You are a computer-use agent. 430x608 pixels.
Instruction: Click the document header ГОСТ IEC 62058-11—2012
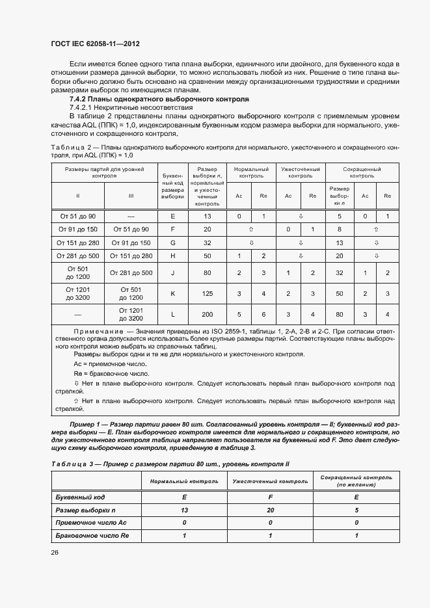96,44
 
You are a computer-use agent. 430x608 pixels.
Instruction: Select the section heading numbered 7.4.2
159,99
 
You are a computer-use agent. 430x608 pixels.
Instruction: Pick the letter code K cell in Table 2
172,294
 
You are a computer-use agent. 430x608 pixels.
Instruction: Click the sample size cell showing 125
208,294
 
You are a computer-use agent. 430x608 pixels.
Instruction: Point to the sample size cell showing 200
208,315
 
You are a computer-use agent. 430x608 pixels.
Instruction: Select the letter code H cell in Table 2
172,256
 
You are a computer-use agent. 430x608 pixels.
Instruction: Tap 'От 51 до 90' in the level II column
77,216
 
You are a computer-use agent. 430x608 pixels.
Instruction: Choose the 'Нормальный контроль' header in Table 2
251,172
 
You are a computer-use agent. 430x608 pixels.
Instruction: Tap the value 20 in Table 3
271,510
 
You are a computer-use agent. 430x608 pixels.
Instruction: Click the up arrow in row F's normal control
251,230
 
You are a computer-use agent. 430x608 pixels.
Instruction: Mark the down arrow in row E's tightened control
301,216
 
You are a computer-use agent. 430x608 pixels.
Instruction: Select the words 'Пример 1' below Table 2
70,424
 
